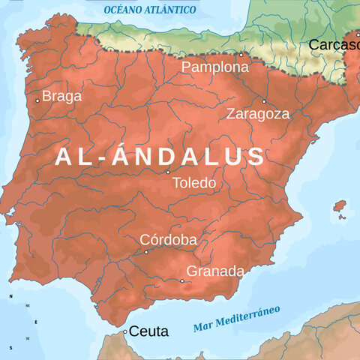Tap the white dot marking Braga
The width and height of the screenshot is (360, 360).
pyautogui.click(x=37, y=100)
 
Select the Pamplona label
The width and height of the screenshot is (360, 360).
pyautogui.click(x=215, y=67)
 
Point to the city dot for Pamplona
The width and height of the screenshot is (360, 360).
pyautogui.click(x=241, y=54)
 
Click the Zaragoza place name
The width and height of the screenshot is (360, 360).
pyautogui.click(x=258, y=114)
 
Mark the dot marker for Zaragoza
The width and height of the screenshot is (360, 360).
pyautogui.click(x=264, y=101)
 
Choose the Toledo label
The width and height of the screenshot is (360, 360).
pyautogui.click(x=193, y=182)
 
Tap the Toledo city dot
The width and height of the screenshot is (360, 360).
pyautogui.click(x=168, y=172)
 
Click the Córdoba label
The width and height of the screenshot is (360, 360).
pyautogui.click(x=169, y=239)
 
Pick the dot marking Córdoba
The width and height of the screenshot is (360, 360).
pyautogui.click(x=145, y=252)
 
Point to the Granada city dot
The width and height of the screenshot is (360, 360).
pyautogui.click(x=181, y=281)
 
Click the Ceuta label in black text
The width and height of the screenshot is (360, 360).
pyautogui.click(x=148, y=331)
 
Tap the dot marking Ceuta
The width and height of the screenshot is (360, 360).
pyautogui.click(x=125, y=331)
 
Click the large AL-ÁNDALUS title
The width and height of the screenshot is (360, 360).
pyautogui.click(x=160, y=156)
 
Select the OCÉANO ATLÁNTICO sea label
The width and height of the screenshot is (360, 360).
pyautogui.click(x=150, y=10)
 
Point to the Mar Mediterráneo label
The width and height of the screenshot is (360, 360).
pyautogui.click(x=236, y=318)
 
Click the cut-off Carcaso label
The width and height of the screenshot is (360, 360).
pyautogui.click(x=334, y=45)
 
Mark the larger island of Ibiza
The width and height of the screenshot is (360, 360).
pyautogui.click(x=340, y=205)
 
